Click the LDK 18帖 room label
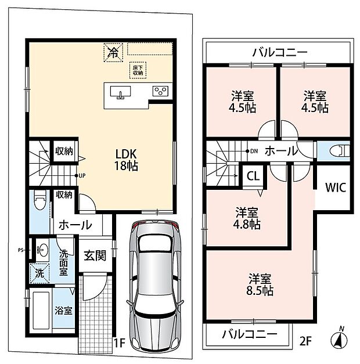coord(126,160)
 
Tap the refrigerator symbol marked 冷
coord(113,52)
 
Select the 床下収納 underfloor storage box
coord(138,70)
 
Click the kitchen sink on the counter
coord(120,93)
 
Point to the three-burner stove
coord(160,91)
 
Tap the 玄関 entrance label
coord(95,255)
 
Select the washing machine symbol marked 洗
coord(39,273)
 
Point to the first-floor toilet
coord(40,199)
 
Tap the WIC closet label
coord(336,188)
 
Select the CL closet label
coord(253,176)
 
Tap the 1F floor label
coord(119,343)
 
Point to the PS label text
coord(20,250)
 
